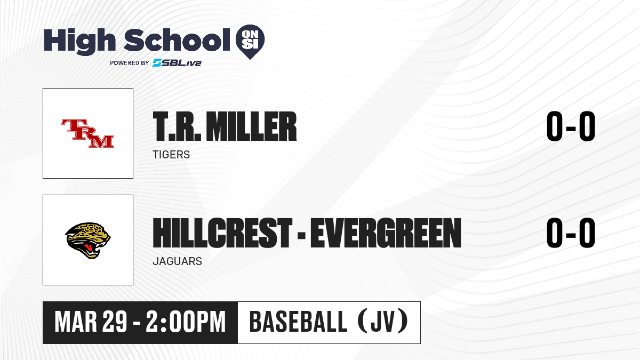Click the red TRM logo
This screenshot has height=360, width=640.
[x=87, y=133]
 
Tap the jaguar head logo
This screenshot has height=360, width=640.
[x=87, y=241]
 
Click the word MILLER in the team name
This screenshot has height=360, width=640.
[x=251, y=126]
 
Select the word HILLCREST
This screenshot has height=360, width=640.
[x=222, y=233]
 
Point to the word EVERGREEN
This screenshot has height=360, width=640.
[x=386, y=233]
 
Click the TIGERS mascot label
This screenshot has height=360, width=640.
[x=171, y=155]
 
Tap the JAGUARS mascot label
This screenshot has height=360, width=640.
[x=178, y=261]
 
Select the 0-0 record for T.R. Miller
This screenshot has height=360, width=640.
[x=571, y=126]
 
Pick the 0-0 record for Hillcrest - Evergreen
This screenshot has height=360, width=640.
[x=571, y=233]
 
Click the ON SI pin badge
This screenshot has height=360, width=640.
[x=250, y=41]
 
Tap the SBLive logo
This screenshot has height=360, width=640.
[x=177, y=62]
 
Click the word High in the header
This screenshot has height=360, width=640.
[x=79, y=42]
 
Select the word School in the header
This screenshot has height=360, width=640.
[x=177, y=40]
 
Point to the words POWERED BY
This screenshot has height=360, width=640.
[x=130, y=63]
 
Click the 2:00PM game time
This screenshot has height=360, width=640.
[x=186, y=322]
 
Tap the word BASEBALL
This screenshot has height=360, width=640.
[x=298, y=322]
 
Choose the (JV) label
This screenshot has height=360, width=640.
[x=383, y=322]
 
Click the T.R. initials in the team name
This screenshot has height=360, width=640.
[x=177, y=126]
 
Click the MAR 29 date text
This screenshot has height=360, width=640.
[x=91, y=322]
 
